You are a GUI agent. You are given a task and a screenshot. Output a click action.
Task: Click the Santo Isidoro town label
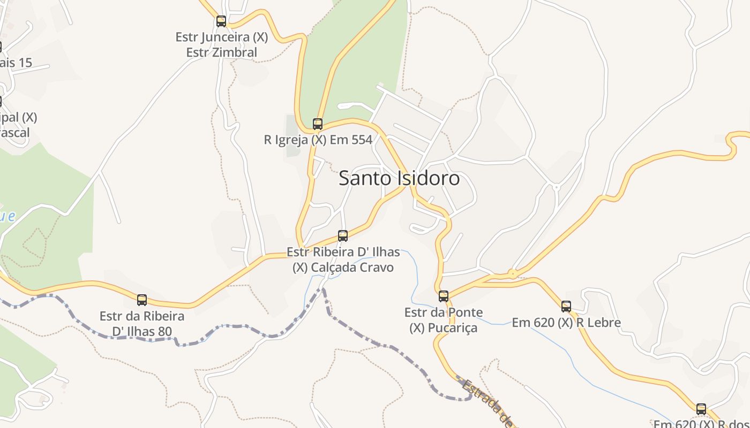click(399, 178)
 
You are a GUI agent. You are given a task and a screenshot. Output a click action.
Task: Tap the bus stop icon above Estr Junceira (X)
click(221, 21)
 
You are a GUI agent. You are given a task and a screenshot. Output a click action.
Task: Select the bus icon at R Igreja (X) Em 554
click(318, 124)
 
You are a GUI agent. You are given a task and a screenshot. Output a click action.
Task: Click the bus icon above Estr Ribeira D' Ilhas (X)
click(343, 235)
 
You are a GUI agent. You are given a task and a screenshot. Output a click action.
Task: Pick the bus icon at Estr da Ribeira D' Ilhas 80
click(142, 300)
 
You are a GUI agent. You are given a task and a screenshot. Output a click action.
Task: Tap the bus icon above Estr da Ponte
click(444, 296)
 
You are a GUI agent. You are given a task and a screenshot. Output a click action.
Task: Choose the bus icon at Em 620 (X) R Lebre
click(566, 307)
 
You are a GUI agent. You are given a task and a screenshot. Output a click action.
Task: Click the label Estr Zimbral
click(222, 52)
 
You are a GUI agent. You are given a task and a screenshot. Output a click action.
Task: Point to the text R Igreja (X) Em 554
click(318, 140)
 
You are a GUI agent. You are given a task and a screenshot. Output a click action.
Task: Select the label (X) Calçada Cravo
click(343, 267)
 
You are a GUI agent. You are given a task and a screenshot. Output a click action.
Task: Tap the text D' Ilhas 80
click(142, 331)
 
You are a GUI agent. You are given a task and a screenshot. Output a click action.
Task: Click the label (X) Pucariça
click(444, 327)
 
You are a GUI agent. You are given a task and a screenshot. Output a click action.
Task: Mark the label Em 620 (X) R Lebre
click(566, 323)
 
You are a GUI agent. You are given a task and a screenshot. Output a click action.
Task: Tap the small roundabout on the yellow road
click(513, 274)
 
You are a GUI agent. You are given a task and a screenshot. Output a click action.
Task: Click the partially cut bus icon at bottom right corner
click(701, 409)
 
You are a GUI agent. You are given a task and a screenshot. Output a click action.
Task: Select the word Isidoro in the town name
click(428, 178)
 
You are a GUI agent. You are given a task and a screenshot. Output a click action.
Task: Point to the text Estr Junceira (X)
click(222, 37)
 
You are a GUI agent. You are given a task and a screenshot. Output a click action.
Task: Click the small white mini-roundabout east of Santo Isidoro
click(556, 187)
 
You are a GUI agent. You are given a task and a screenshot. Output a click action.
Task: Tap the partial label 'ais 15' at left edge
click(16, 63)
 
